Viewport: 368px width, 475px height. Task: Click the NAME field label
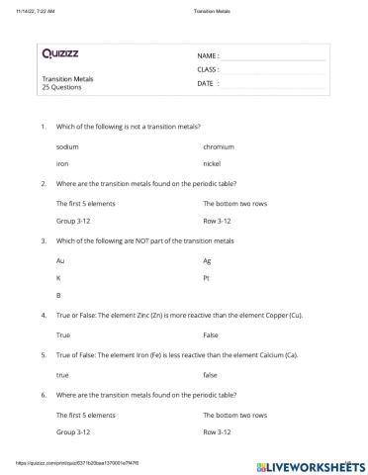click(208, 56)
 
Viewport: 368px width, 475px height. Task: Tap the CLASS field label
click(209, 70)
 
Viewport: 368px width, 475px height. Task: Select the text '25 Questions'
click(62, 87)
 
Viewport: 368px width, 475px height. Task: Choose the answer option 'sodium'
click(67, 146)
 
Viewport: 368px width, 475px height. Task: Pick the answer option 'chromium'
click(219, 146)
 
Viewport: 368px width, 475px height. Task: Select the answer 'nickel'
click(212, 164)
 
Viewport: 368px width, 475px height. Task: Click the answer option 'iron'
click(62, 164)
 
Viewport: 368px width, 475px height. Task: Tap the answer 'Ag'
click(208, 259)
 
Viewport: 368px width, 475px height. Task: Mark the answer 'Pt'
click(207, 277)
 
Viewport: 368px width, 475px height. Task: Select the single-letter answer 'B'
click(59, 295)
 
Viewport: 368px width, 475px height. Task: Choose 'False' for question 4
click(211, 335)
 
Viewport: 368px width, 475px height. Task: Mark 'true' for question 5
click(63, 375)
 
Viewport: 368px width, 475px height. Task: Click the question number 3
click(43, 240)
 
